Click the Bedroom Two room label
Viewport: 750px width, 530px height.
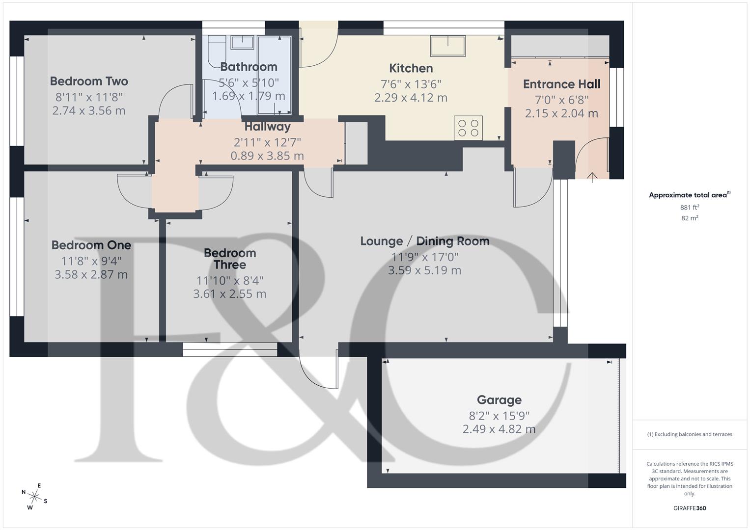tap(89, 81)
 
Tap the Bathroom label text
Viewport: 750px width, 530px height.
tap(249, 67)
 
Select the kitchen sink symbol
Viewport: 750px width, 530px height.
tap(448, 46)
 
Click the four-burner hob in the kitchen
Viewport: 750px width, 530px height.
tap(468, 128)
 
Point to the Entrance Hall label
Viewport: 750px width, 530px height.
tap(561, 84)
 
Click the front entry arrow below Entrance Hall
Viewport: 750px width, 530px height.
tap(592, 177)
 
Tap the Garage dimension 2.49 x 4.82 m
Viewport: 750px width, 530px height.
tap(499, 429)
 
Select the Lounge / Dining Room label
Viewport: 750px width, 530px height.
tap(424, 241)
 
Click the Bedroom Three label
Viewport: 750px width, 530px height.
tap(230, 259)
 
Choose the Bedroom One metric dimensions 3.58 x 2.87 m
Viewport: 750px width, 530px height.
tap(91, 275)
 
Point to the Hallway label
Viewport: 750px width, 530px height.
tap(267, 127)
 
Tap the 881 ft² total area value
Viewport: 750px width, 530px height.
tap(690, 208)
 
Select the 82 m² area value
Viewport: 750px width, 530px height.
tap(690, 218)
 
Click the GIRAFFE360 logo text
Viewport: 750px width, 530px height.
tap(690, 508)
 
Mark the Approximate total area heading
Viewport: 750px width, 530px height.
tap(689, 195)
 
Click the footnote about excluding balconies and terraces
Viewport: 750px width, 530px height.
tap(690, 434)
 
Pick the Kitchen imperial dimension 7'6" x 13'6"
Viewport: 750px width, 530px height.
tap(411, 84)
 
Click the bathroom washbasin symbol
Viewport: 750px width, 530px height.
tap(242, 43)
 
